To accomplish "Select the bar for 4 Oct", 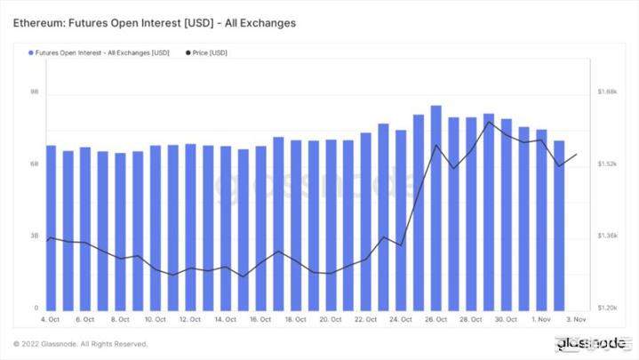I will coord(51,227).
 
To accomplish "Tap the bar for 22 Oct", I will coord(365,220).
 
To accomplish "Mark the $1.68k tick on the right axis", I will coord(608,92).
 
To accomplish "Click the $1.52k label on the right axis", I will coord(608,164).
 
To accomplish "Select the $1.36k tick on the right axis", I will coord(608,236).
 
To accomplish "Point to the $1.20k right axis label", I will coord(608,308).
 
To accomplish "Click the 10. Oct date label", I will coord(155,319).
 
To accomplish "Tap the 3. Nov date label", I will coord(576,319).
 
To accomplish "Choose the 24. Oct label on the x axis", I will coord(400,319).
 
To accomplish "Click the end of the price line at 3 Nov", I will coord(576,154).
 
